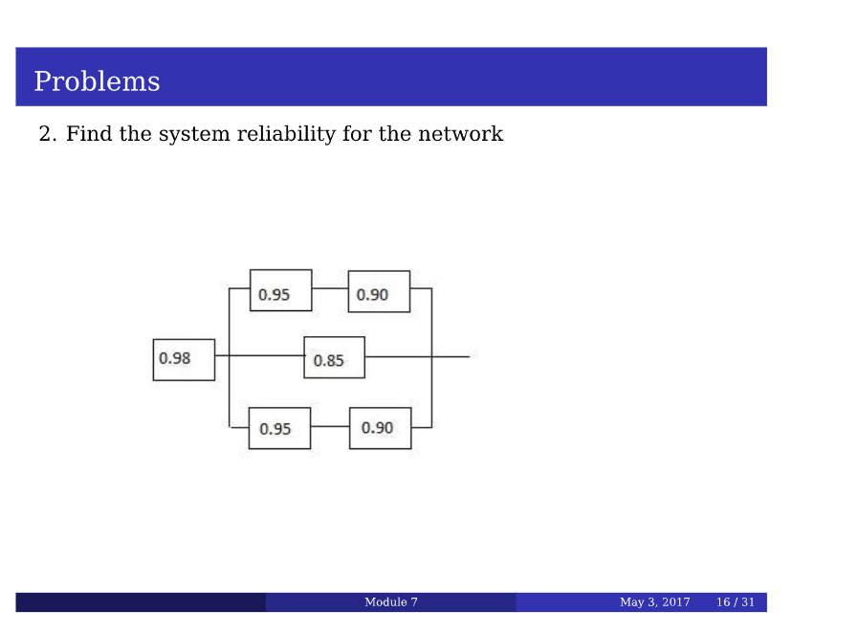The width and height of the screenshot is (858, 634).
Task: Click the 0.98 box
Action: click(x=184, y=359)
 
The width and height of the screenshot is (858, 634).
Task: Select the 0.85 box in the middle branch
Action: click(x=334, y=358)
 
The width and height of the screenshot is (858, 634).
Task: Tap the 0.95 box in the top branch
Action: click(x=280, y=291)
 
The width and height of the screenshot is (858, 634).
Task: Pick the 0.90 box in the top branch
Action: click(x=379, y=291)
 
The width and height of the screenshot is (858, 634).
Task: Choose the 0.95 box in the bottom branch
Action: click(x=279, y=428)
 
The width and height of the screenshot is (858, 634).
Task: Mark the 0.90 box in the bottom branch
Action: click(x=380, y=428)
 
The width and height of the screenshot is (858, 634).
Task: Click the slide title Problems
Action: click(x=97, y=81)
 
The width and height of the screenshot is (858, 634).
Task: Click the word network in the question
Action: click(x=459, y=134)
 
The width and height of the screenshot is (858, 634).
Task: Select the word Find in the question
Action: click(x=89, y=134)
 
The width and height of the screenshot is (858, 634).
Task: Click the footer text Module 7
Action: click(x=390, y=602)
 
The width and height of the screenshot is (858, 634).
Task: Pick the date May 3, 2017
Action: click(x=654, y=602)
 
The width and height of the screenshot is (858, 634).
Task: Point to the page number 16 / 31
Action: click(x=736, y=602)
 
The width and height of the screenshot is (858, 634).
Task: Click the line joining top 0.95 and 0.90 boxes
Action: click(x=330, y=287)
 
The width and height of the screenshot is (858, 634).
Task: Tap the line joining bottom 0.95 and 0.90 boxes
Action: click(x=330, y=426)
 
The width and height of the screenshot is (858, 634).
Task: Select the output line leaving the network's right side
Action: click(x=451, y=356)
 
